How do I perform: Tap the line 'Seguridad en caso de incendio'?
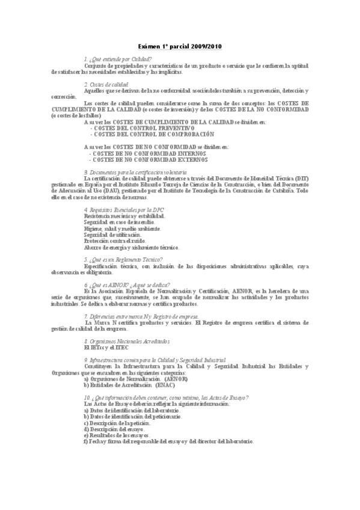click(117, 222)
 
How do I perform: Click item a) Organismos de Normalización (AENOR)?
click(136, 379)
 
